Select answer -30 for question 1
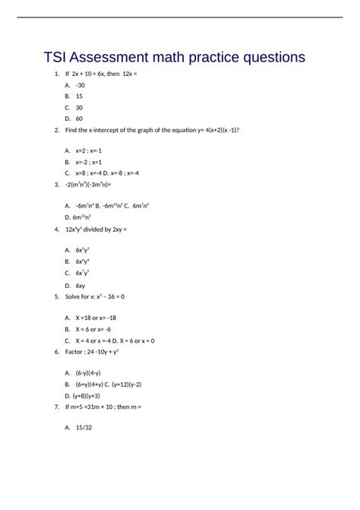point(80,85)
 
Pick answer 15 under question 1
point(79,97)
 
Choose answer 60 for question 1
point(79,119)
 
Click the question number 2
point(57,130)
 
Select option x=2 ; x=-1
point(89,151)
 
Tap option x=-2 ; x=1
point(89,162)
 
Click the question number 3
point(57,184)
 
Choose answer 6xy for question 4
point(81,284)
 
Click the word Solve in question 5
point(74,296)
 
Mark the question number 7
point(57,407)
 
